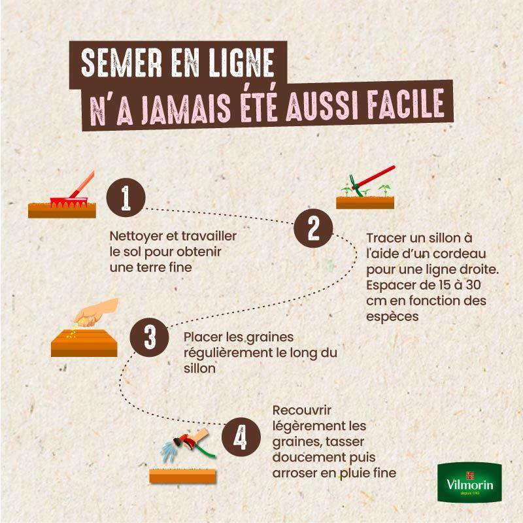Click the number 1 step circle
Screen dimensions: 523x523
126,197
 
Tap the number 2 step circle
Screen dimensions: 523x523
313,228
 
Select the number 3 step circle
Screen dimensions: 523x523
149,337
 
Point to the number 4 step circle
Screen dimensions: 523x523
241,437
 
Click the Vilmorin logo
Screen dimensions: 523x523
469,482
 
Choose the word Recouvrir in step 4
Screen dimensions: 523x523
301,411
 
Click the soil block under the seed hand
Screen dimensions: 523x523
84,343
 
